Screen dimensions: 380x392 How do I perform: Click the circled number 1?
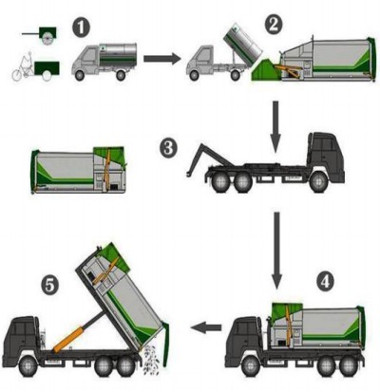(x=81, y=28)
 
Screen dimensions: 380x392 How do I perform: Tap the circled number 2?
(x=273, y=25)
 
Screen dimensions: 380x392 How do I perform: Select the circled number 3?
(x=168, y=148)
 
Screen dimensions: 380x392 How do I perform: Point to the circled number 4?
(x=325, y=282)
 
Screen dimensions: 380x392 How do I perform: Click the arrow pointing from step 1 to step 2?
(x=162, y=59)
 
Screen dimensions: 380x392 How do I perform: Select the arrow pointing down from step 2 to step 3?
(x=275, y=127)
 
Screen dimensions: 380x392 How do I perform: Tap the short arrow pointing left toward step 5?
(x=206, y=327)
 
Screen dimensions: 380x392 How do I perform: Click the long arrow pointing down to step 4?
(x=276, y=251)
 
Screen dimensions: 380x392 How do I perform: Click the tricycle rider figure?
(x=23, y=67)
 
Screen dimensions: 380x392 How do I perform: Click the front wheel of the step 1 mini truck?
(x=80, y=75)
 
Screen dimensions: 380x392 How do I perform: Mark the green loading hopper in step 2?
(x=265, y=69)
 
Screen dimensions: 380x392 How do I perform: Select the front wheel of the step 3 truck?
(x=318, y=182)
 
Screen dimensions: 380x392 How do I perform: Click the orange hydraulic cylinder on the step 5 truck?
(x=69, y=340)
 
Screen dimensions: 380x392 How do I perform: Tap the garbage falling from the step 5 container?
(x=151, y=361)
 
